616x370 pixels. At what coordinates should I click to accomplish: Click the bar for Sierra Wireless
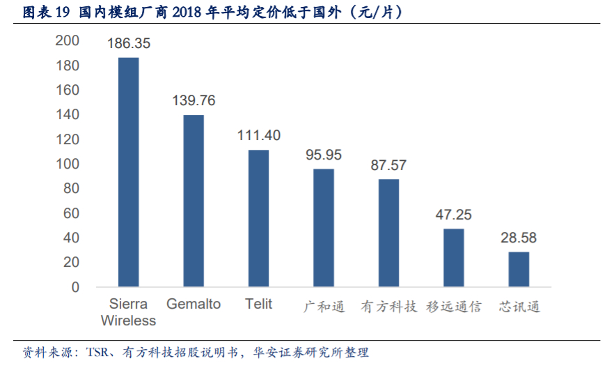click(x=128, y=172)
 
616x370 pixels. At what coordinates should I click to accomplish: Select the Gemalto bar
click(x=194, y=201)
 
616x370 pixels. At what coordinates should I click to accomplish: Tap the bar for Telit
click(x=259, y=218)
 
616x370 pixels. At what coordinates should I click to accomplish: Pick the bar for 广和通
click(x=324, y=228)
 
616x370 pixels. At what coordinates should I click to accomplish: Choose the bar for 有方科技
click(x=389, y=233)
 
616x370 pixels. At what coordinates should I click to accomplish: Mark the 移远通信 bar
click(x=454, y=258)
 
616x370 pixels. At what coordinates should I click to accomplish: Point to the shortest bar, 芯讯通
click(x=519, y=269)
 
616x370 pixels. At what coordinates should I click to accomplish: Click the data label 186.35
click(x=129, y=43)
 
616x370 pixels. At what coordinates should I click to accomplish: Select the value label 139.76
click(x=194, y=100)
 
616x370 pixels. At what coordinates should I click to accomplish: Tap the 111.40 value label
click(x=259, y=135)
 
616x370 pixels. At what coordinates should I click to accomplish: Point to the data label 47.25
click(x=454, y=215)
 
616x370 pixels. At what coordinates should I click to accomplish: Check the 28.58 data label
click(x=519, y=238)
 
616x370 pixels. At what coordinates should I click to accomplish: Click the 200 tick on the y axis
click(x=68, y=41)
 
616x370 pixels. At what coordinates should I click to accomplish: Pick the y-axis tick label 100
click(x=68, y=164)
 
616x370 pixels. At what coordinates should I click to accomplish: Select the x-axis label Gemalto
click(x=194, y=305)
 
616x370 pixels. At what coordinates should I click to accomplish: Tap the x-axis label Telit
click(x=259, y=305)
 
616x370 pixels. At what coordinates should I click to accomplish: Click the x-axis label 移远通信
click(x=454, y=306)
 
